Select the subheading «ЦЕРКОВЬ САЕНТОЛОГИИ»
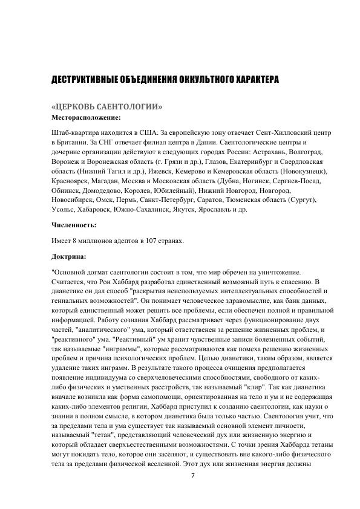[107, 107]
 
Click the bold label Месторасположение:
[86, 117]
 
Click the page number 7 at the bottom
[192, 475]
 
